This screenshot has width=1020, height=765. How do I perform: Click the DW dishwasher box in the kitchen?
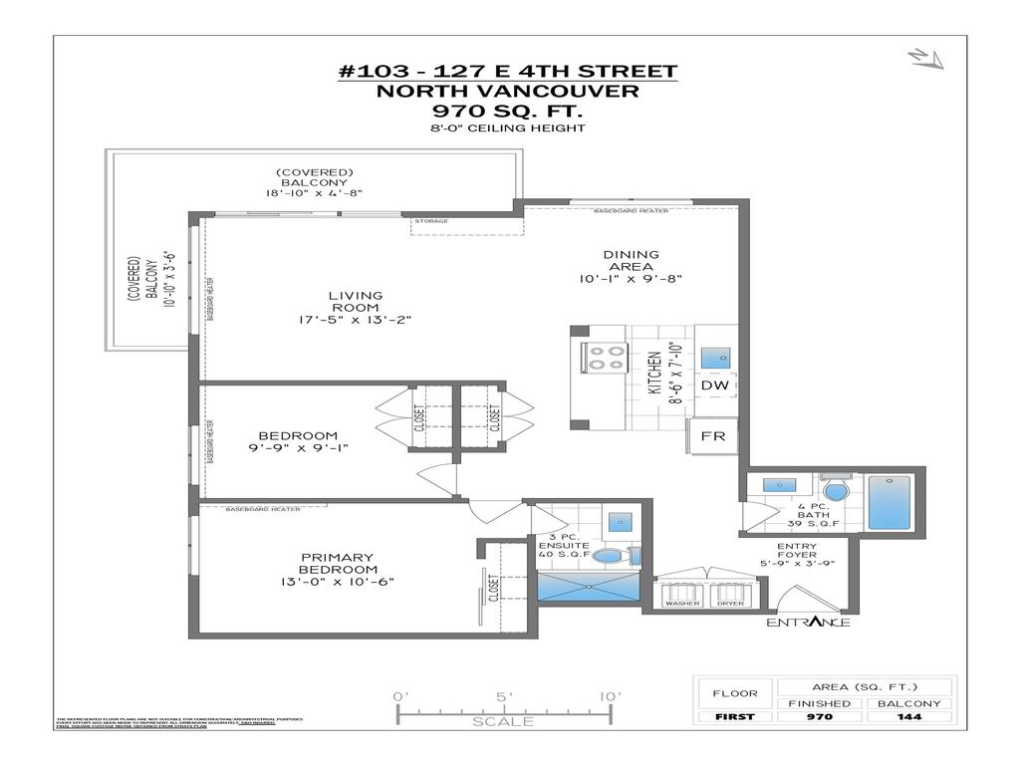[x=713, y=384]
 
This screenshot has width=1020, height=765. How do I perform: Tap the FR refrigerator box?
[x=713, y=436]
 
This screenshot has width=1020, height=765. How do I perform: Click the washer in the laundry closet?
[x=681, y=596]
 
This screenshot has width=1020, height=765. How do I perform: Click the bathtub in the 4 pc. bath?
[x=890, y=504]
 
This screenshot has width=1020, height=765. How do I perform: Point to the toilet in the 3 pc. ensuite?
[x=608, y=556]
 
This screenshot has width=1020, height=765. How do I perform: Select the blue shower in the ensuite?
[x=589, y=587]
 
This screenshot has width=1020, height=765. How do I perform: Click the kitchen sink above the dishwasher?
[x=713, y=357]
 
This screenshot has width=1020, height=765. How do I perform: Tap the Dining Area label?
[x=632, y=261]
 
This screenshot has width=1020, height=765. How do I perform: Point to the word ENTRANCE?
[x=808, y=623]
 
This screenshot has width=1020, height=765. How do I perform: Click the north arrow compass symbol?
[x=925, y=59]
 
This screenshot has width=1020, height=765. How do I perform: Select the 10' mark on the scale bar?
[x=610, y=696]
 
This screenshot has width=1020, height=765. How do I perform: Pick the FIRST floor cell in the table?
[x=736, y=717]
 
